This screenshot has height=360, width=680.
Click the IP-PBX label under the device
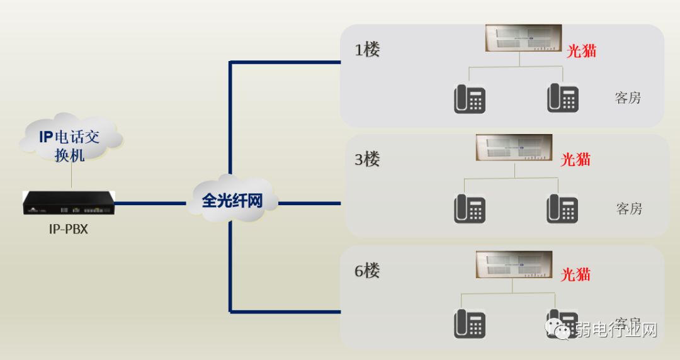pos(68,229)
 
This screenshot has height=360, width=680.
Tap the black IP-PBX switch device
pos(69,203)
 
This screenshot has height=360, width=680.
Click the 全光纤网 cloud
pos(231,200)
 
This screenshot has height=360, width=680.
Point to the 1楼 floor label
pos(367,50)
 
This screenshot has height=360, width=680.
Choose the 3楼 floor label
pos(367,159)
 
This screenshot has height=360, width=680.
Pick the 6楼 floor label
pos(367,271)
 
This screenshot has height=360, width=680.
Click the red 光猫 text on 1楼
pos(581,51)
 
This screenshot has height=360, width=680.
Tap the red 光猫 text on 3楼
pos(576,159)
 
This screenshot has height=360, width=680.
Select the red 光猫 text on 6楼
pos(575,274)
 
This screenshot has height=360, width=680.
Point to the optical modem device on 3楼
pos(514,147)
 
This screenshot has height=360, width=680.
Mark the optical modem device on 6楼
pos(514,264)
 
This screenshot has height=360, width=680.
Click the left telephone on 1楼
pos(470,99)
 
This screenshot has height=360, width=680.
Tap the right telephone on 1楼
pos(562,98)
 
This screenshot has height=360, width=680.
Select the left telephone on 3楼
pos(470,208)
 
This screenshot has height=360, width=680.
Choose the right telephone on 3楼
pos(562,208)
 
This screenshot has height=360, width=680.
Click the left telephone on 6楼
pos(470,323)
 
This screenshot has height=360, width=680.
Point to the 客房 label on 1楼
pos(628,98)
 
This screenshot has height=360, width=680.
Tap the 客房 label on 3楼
pos(629,208)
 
